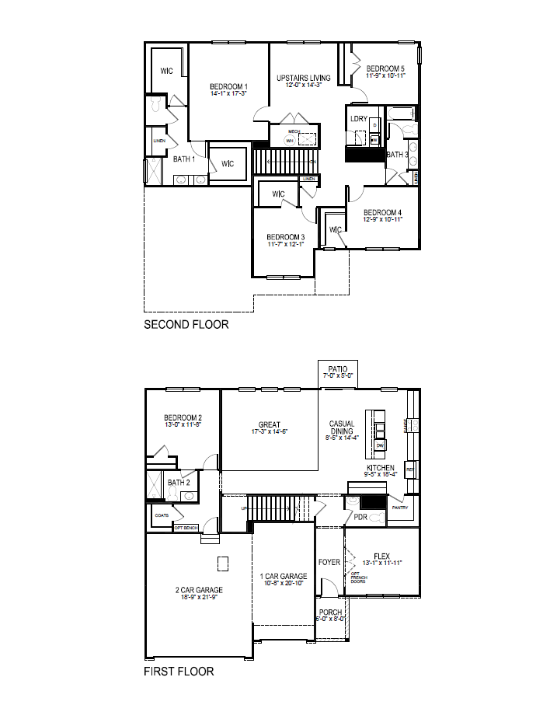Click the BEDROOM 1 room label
[x=228, y=86]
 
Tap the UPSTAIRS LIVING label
[x=304, y=78]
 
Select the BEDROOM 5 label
[x=386, y=68]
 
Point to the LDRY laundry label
[x=359, y=119]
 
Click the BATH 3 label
[x=397, y=155]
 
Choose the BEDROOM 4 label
[x=382, y=212]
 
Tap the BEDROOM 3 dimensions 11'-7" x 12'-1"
[x=285, y=245]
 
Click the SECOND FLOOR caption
[x=186, y=324]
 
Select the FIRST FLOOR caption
[x=179, y=671]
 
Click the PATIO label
[x=338, y=369]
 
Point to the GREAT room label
[x=270, y=424]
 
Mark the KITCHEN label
[x=381, y=468]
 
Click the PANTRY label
[x=399, y=507]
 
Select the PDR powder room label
[x=360, y=517]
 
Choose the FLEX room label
[x=381, y=555]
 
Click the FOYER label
[x=329, y=562]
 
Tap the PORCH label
[x=330, y=613]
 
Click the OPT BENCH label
[x=186, y=528]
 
